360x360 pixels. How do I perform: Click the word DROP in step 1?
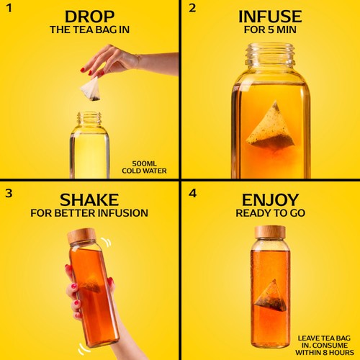(x=89, y=17)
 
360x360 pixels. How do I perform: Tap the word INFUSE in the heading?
(x=270, y=17)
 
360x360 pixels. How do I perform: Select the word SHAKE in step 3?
(x=89, y=200)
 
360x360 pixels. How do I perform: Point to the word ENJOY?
(x=270, y=200)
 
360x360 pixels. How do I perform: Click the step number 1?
(x=9, y=9)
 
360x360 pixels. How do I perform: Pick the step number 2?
(x=192, y=9)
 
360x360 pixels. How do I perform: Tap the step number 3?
(x=9, y=194)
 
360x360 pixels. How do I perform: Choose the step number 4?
(x=193, y=194)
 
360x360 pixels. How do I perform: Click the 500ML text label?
(x=145, y=164)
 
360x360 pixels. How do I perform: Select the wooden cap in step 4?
(x=270, y=232)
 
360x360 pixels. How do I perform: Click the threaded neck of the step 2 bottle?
(x=270, y=55)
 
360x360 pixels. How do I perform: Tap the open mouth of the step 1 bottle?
(x=89, y=114)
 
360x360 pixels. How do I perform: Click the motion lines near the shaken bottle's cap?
(x=107, y=242)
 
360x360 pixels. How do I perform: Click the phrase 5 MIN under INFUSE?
(x=282, y=30)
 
